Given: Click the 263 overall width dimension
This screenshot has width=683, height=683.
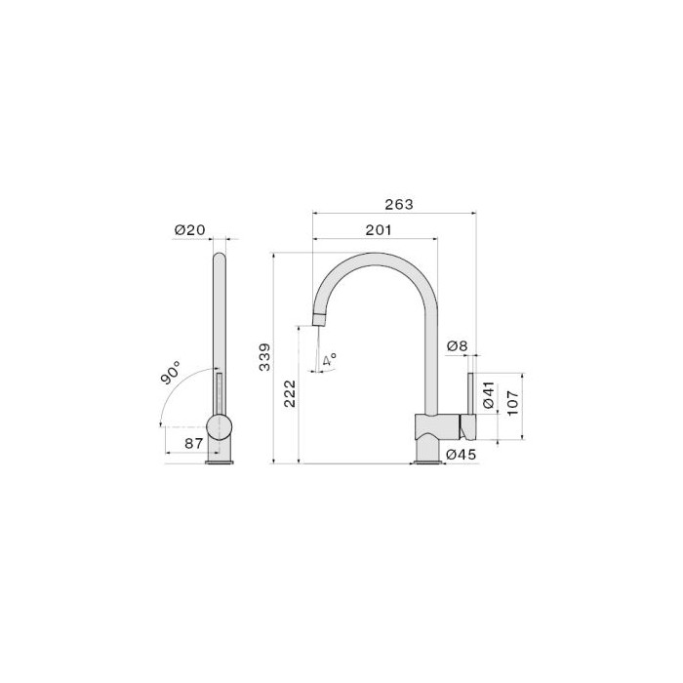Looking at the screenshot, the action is coord(398,204).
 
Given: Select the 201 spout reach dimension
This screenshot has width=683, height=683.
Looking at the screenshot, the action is coord(379,230).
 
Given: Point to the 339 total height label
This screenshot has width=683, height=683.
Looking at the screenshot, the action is coord(264,357).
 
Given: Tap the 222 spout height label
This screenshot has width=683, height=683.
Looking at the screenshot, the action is coord(290,394).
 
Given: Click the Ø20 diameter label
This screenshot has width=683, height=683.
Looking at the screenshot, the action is coord(189,229).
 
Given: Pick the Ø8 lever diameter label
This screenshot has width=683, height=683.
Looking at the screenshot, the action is coord(457,346).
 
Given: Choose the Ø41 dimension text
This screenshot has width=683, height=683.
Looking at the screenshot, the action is coord(489,394).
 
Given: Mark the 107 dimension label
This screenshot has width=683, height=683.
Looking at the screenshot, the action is coord(512,403).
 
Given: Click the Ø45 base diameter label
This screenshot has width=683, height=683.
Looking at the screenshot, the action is coord(462,455).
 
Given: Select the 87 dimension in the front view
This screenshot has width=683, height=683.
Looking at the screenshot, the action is coord(194,443).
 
